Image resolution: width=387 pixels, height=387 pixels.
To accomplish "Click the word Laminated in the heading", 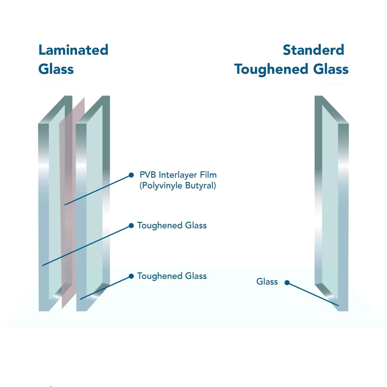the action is point(73,50).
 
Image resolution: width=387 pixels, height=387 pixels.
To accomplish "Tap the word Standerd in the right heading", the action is point(313,50).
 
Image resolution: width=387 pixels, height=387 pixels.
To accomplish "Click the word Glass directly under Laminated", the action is point(56,69).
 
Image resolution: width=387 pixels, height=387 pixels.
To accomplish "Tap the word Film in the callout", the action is point(208,175).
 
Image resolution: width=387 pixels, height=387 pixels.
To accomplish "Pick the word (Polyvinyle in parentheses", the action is point(158,186).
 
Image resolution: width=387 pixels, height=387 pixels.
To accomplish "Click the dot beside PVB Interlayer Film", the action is point(131,175).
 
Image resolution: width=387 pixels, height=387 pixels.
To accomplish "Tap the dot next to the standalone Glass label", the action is point(287,282).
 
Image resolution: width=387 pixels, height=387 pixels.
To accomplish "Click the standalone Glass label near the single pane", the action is point(267,281).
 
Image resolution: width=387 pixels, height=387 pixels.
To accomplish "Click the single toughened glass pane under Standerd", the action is point(331,202).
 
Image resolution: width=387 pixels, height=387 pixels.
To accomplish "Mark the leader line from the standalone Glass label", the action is point(312,294).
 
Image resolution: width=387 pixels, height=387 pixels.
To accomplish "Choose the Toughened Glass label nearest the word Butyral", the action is point(172,225).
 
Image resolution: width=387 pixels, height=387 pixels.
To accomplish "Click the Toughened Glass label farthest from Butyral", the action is point(172,276).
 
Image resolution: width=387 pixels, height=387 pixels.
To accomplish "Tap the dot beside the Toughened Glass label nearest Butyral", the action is point(131,225).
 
